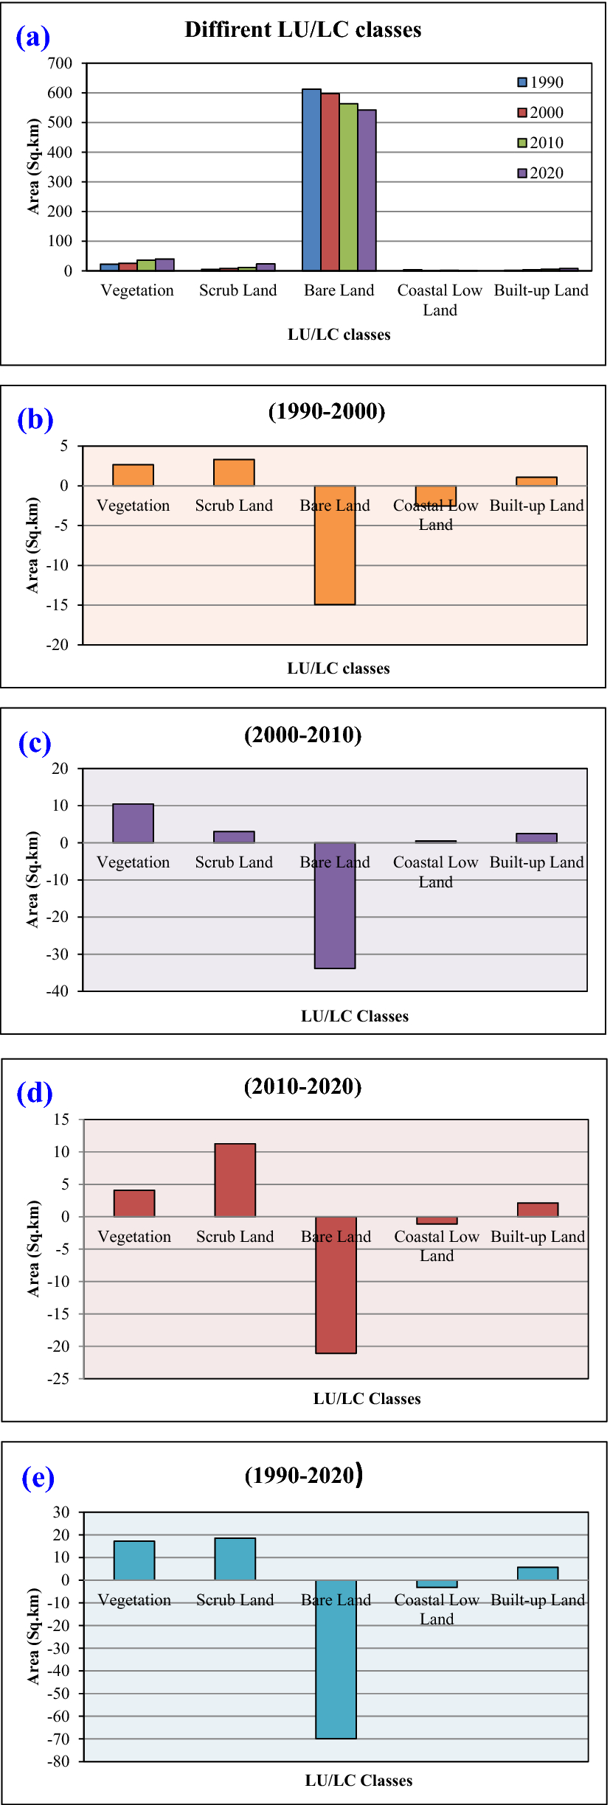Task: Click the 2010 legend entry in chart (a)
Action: coord(541,143)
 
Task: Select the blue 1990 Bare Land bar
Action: coord(311,181)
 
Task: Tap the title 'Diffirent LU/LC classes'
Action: coord(302,30)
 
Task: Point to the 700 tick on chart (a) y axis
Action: coord(60,63)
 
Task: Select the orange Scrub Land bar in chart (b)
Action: coord(234,472)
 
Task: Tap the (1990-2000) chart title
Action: coord(327,411)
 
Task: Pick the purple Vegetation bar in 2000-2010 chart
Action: coord(133,823)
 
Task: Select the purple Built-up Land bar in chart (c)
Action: coord(536,838)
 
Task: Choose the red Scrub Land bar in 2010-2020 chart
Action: coord(235,1180)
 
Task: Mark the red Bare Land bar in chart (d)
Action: coord(336,1285)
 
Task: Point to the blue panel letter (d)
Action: coord(35,1093)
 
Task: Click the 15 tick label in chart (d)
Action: coord(61,1120)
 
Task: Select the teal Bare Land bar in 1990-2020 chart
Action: coord(336,1659)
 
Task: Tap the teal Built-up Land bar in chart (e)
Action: coord(538,1574)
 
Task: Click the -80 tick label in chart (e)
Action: coord(58,1762)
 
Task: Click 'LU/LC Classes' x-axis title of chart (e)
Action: coord(358,1781)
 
